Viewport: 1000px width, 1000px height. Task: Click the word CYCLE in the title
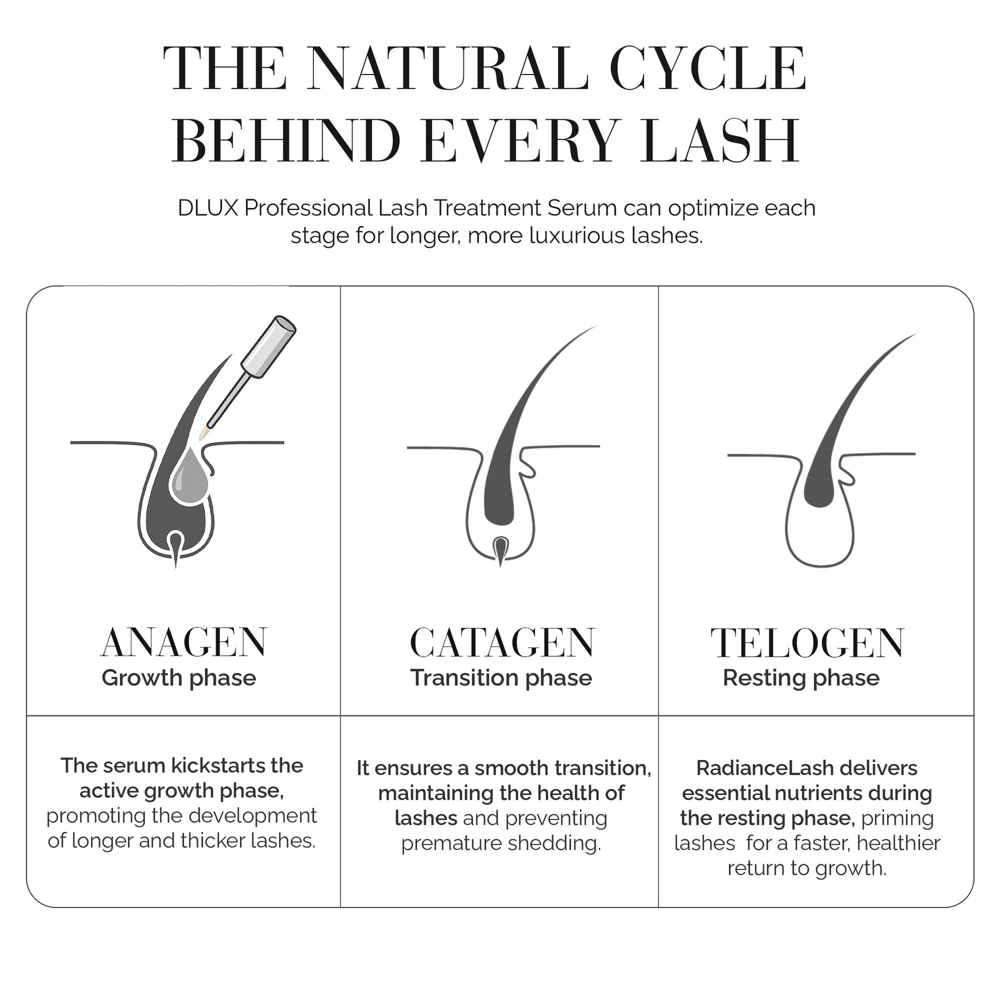tap(708, 68)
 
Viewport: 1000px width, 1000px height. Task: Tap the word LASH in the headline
tap(720, 141)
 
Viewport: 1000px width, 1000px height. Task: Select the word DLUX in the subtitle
tap(208, 208)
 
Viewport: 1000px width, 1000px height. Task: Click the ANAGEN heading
tap(184, 642)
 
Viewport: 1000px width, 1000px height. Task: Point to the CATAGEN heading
tap(502, 642)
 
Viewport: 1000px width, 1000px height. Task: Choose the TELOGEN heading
tap(807, 642)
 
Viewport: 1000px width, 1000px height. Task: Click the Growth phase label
tap(179, 678)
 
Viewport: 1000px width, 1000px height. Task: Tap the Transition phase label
tap(501, 678)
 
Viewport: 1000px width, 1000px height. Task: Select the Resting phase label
tap(801, 678)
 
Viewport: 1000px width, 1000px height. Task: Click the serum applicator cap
tap(269, 346)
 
